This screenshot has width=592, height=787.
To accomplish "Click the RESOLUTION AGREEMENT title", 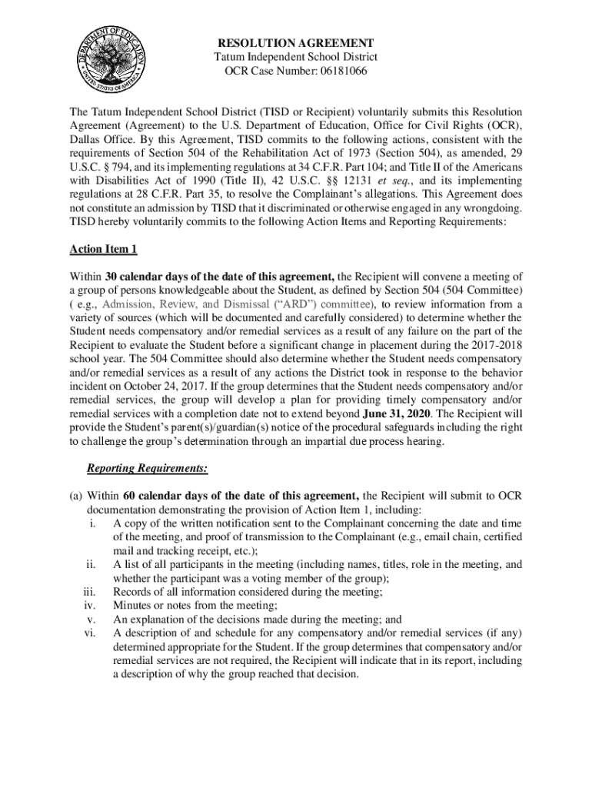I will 295,43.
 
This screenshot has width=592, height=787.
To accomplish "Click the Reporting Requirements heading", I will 147,467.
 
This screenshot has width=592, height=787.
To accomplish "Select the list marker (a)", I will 76,495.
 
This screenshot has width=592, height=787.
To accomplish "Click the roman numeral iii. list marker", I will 88,592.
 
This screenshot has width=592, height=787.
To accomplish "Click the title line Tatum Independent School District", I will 295,58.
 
